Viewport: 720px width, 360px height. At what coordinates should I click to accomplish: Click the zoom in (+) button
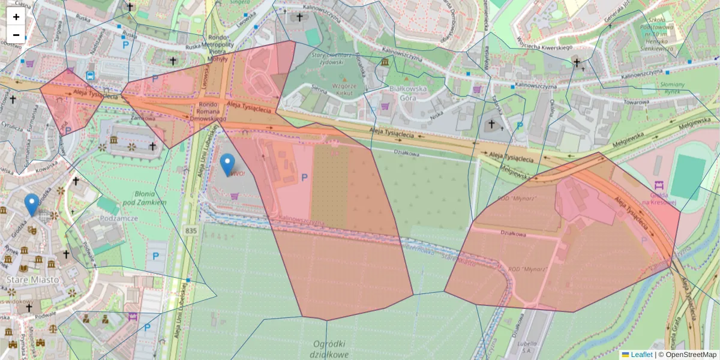[16, 17]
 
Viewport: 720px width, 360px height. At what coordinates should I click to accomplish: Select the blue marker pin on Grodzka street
[32, 205]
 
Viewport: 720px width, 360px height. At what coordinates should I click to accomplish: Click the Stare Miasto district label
[32, 280]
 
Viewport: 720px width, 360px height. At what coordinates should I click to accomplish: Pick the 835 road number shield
[191, 230]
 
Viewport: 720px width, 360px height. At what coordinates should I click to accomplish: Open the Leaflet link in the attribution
[641, 355]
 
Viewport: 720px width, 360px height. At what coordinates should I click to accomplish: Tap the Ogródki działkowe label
[331, 349]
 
